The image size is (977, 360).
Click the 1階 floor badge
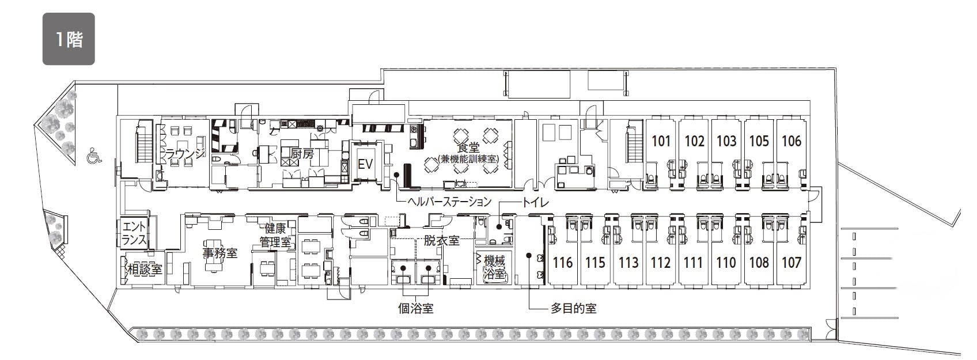[69, 39]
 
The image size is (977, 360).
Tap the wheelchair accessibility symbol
[94, 156]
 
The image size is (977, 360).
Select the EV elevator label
[365, 164]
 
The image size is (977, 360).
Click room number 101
[661, 141]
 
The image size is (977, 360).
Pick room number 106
[791, 141]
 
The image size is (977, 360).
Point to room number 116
[563, 263]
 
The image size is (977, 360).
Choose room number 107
[791, 263]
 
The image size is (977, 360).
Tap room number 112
[660, 263]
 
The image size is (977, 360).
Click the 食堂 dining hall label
[468, 147]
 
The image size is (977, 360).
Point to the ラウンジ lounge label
[185, 153]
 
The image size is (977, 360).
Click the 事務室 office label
[220, 253]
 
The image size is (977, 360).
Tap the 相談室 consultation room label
[145, 269]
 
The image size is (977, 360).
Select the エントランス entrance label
[134, 233]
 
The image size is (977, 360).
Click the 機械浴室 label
[494, 267]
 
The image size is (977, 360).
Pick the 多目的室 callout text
[573, 309]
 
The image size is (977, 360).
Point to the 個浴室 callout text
[416, 309]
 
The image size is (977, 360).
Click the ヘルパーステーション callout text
[449, 202]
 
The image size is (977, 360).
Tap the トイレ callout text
[536, 203]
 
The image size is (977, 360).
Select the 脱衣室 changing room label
[441, 240]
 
